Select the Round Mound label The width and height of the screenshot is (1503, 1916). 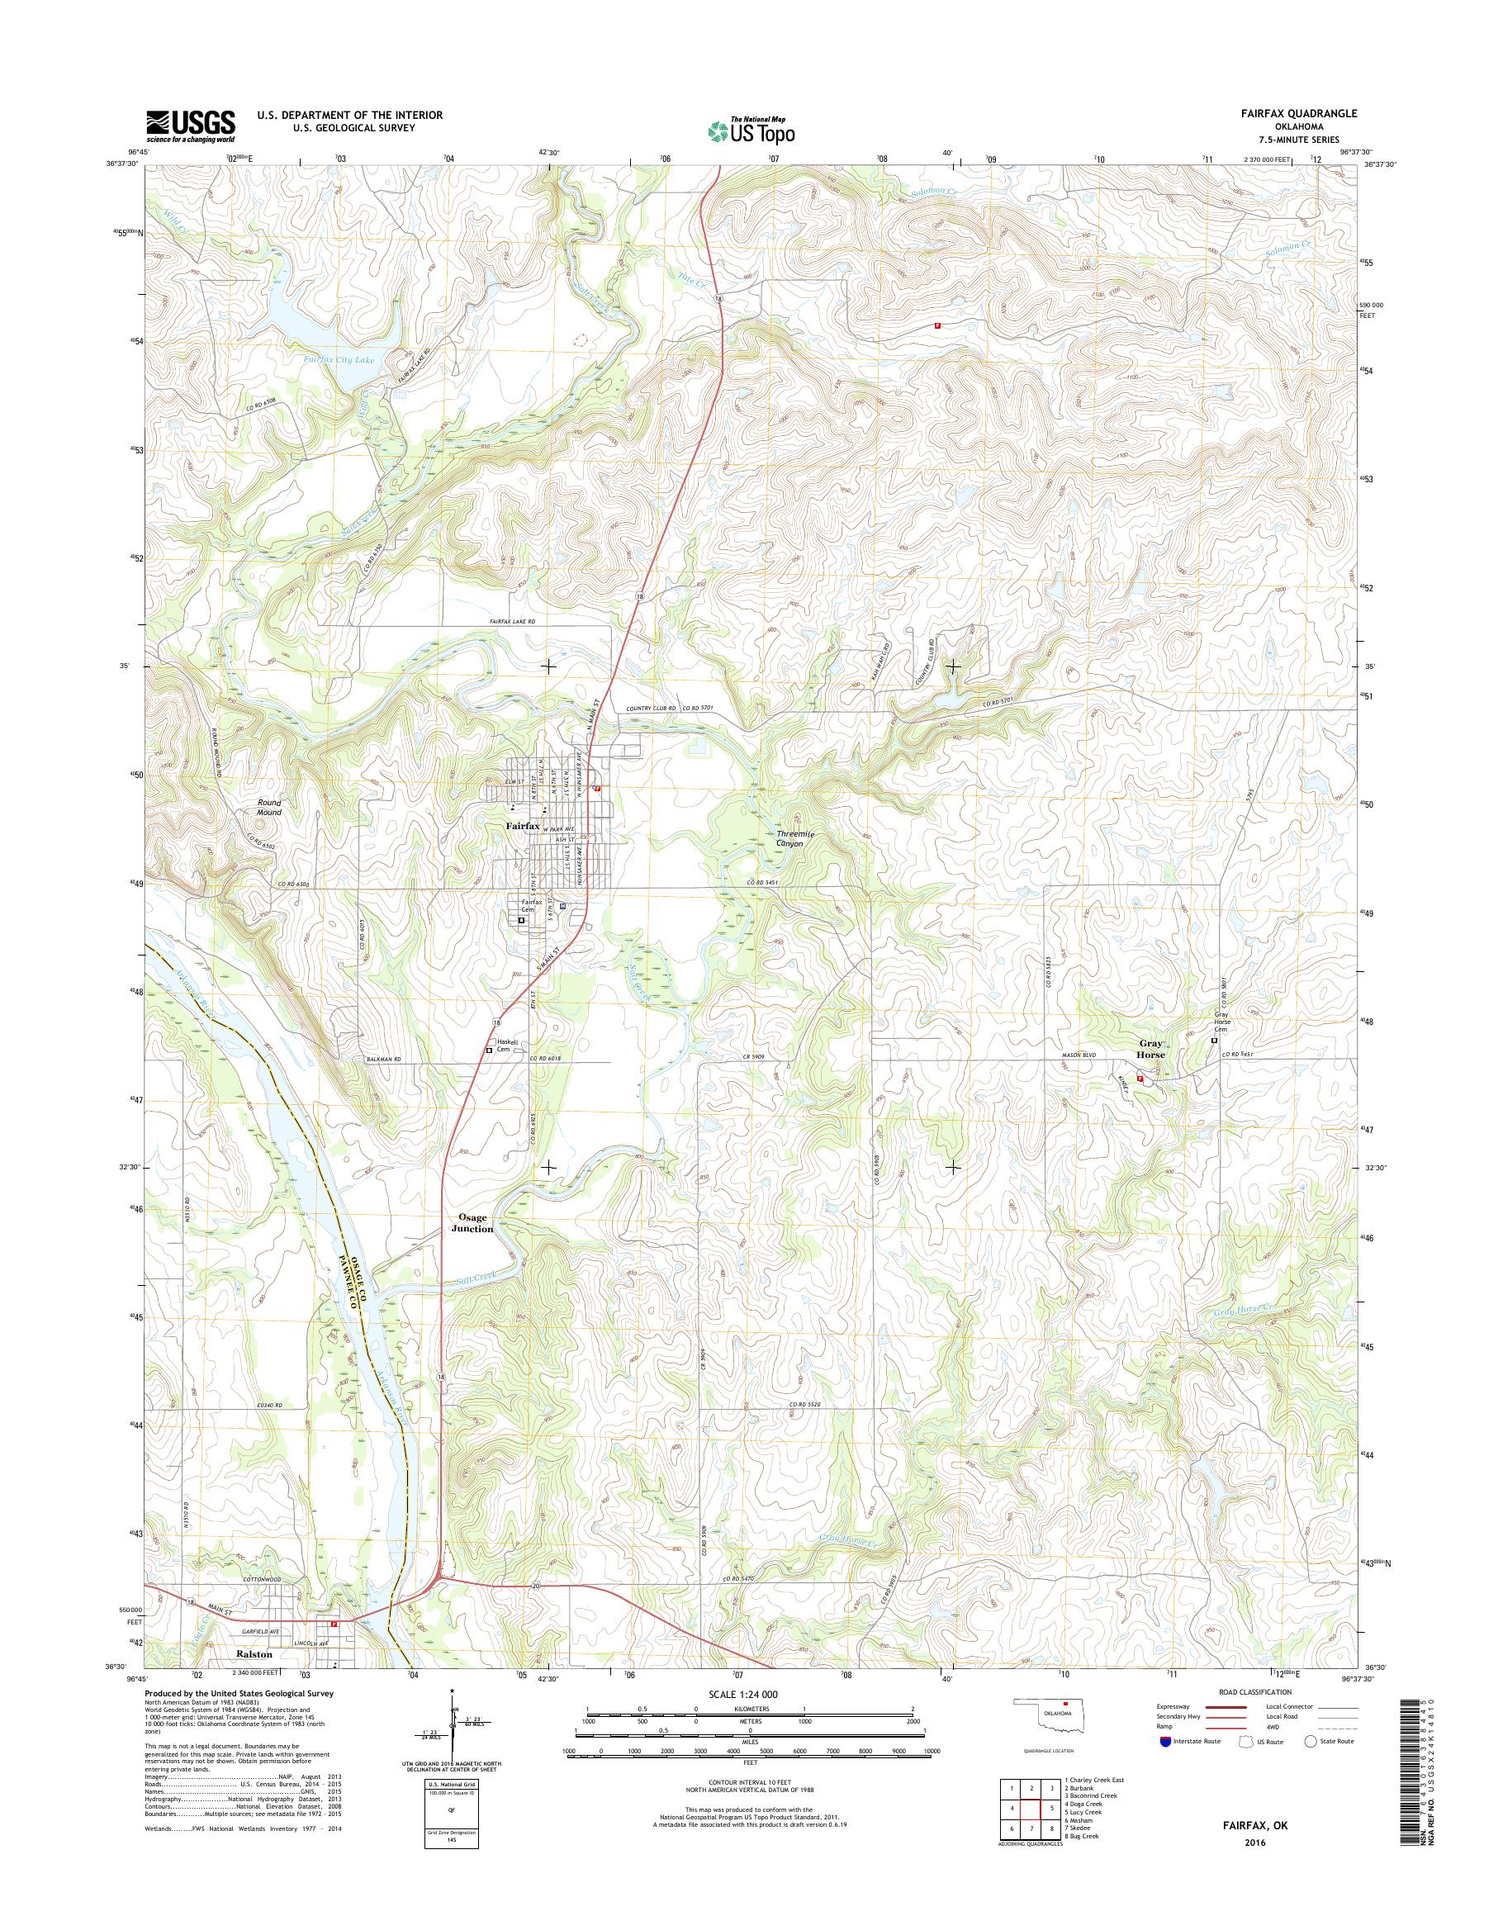[x=269, y=807]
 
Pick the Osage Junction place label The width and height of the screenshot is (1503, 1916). [x=472, y=1222]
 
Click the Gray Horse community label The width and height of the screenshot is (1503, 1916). [x=1150, y=1048]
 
